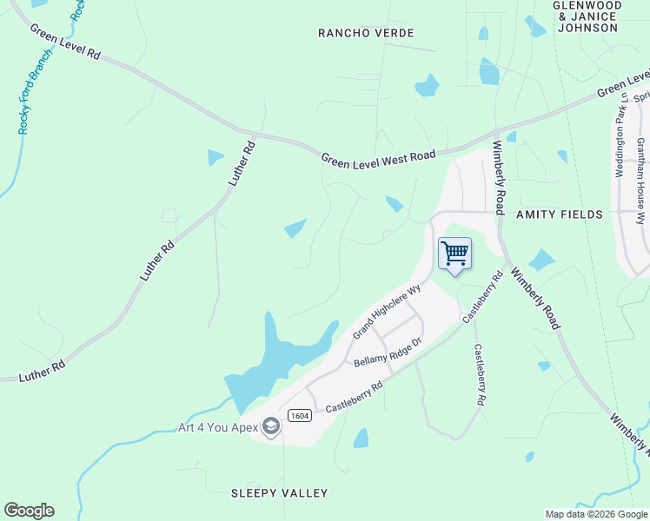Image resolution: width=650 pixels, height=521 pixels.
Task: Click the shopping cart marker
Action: click(x=454, y=254)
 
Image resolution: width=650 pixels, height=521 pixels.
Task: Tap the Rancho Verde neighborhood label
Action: click(x=366, y=33)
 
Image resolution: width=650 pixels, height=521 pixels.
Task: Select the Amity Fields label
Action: click(x=559, y=214)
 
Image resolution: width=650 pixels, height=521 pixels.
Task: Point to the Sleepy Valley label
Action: click(x=280, y=493)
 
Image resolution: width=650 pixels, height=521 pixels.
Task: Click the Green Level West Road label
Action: click(x=378, y=156)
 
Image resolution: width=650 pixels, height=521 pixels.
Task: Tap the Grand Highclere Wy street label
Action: click(x=386, y=311)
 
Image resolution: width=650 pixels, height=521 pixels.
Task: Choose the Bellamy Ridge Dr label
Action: click(x=387, y=352)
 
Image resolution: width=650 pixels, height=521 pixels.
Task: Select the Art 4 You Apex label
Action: click(x=219, y=427)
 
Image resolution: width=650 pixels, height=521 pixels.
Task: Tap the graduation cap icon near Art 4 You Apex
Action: click(x=272, y=426)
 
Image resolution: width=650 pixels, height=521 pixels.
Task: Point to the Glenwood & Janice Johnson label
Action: click(x=587, y=16)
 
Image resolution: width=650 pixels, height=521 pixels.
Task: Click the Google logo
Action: click(x=29, y=511)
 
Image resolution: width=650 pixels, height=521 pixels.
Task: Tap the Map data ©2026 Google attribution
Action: click(x=596, y=514)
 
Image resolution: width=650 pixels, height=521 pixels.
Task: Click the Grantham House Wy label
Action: click(x=640, y=170)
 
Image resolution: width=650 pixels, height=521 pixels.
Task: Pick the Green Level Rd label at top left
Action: click(x=66, y=42)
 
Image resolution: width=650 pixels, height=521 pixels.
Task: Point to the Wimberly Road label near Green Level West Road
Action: click(x=499, y=177)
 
